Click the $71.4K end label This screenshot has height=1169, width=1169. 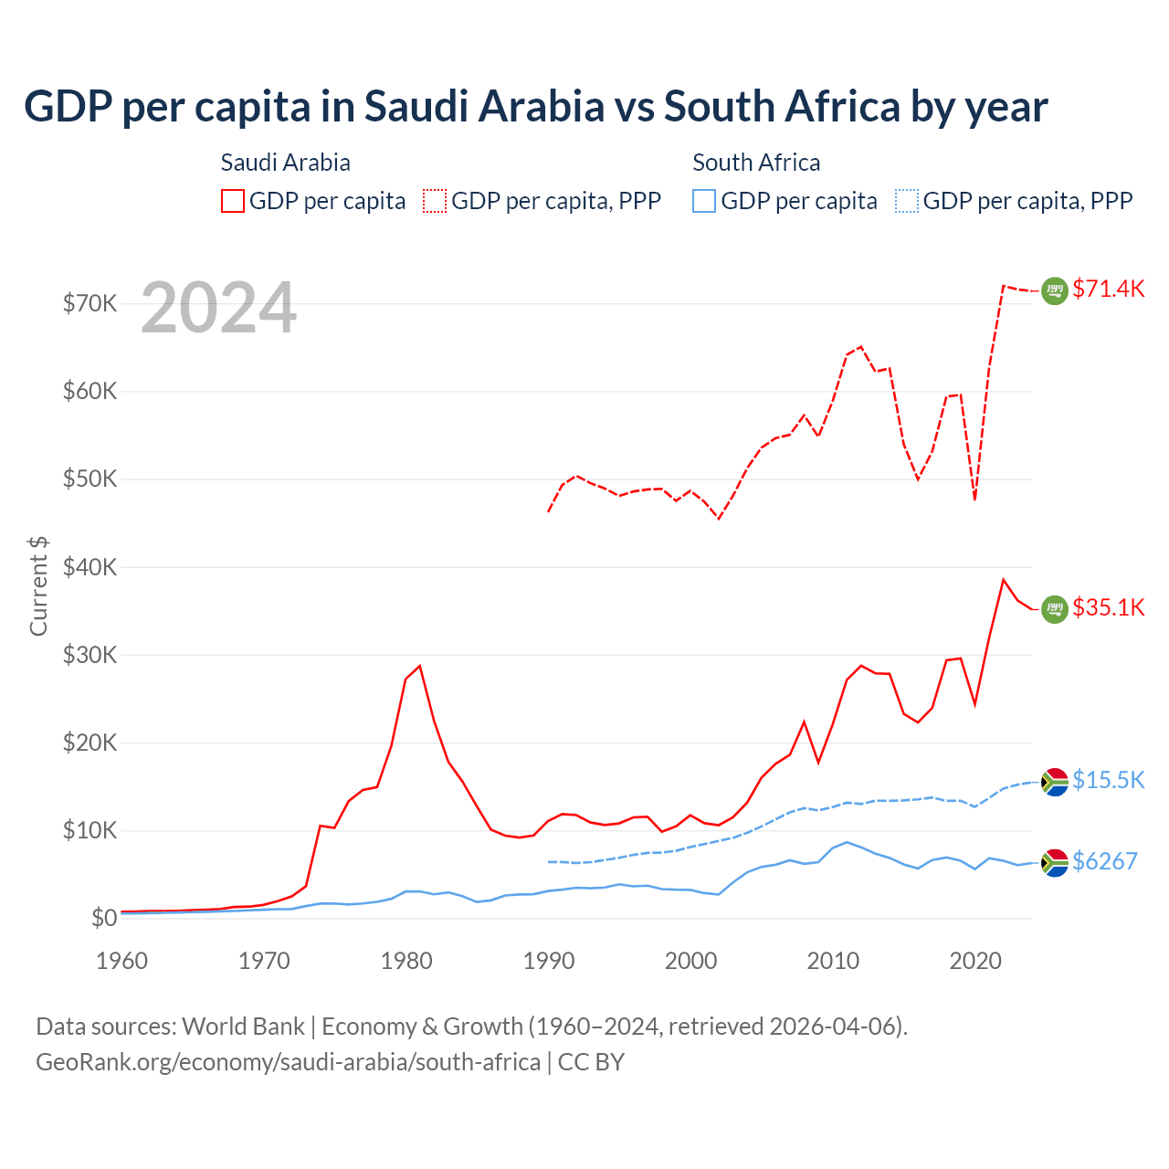[x=1108, y=290]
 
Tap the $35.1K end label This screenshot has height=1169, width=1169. [x=1108, y=608]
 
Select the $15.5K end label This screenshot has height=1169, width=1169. [x=1108, y=780]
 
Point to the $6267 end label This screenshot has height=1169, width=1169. [x=1104, y=861]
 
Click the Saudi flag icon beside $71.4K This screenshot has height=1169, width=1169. [x=1055, y=290]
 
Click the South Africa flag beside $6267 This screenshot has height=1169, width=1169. [x=1055, y=862]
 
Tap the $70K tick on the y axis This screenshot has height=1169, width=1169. [x=90, y=303]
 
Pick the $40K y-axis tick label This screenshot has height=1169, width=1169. [x=90, y=567]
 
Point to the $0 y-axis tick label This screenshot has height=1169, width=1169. [x=103, y=919]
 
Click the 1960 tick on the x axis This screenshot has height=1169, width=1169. [x=121, y=961]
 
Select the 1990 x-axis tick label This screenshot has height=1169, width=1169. [x=549, y=961]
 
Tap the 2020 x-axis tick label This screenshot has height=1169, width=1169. [x=975, y=961]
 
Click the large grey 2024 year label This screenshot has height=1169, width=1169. [x=218, y=308]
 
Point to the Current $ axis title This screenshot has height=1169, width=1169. [x=38, y=585]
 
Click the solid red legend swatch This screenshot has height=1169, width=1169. [x=233, y=201]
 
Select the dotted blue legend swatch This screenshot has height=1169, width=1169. [x=907, y=201]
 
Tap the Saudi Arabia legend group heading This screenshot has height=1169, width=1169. [x=285, y=163]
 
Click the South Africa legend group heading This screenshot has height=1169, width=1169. [x=756, y=163]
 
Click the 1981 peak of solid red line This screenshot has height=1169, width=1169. [x=420, y=666]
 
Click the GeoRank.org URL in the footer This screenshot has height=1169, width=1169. [x=288, y=1062]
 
